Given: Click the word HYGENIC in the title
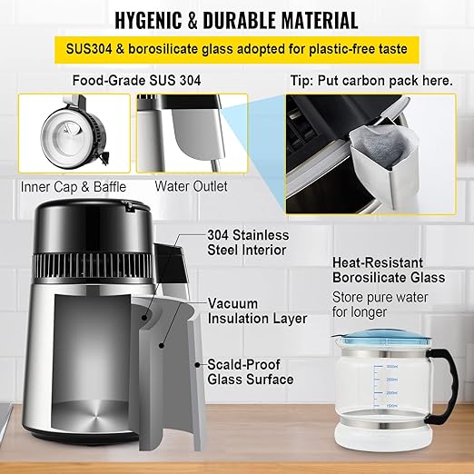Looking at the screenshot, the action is (148, 20).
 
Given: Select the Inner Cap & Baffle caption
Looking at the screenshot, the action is (74, 187).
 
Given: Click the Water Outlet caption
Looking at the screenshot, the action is (191, 186).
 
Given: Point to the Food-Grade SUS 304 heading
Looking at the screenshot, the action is (136, 81).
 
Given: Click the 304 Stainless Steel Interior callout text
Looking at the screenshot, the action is (248, 242).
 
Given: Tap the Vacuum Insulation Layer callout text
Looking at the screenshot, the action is (257, 311).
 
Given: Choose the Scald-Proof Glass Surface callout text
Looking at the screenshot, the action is (251, 372).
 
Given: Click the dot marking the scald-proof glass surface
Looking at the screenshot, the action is (198, 365).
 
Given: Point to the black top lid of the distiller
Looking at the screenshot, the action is (93, 227).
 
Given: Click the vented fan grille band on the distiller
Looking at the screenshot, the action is (93, 266).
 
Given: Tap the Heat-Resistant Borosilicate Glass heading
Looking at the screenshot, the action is (389, 270).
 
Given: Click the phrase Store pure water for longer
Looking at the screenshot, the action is (380, 304).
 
